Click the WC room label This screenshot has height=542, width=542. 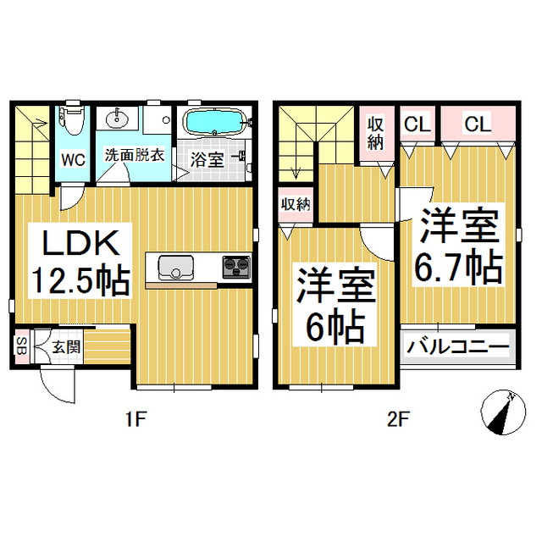(x=72, y=158)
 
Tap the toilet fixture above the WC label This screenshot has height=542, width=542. (x=73, y=120)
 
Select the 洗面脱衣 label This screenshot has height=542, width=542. (x=134, y=156)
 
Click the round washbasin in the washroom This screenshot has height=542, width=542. (x=114, y=119)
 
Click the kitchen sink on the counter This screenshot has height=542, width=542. (x=176, y=267)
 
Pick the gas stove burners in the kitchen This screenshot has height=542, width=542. (x=236, y=266)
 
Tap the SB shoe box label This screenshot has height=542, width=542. (x=20, y=347)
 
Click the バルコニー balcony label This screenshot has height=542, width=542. (x=457, y=347)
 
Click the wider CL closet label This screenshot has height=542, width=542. (x=477, y=124)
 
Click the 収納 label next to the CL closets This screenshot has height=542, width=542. (x=376, y=132)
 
